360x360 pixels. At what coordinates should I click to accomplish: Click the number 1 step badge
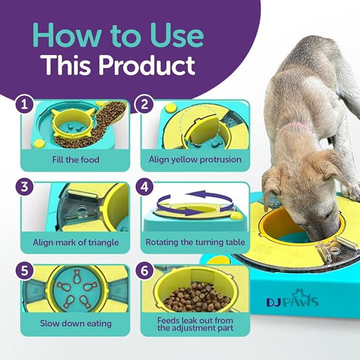[22, 104]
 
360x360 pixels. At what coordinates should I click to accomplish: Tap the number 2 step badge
[142, 104]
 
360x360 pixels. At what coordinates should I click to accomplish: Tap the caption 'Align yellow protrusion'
[195, 160]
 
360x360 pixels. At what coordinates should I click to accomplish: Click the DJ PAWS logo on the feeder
[293, 302]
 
